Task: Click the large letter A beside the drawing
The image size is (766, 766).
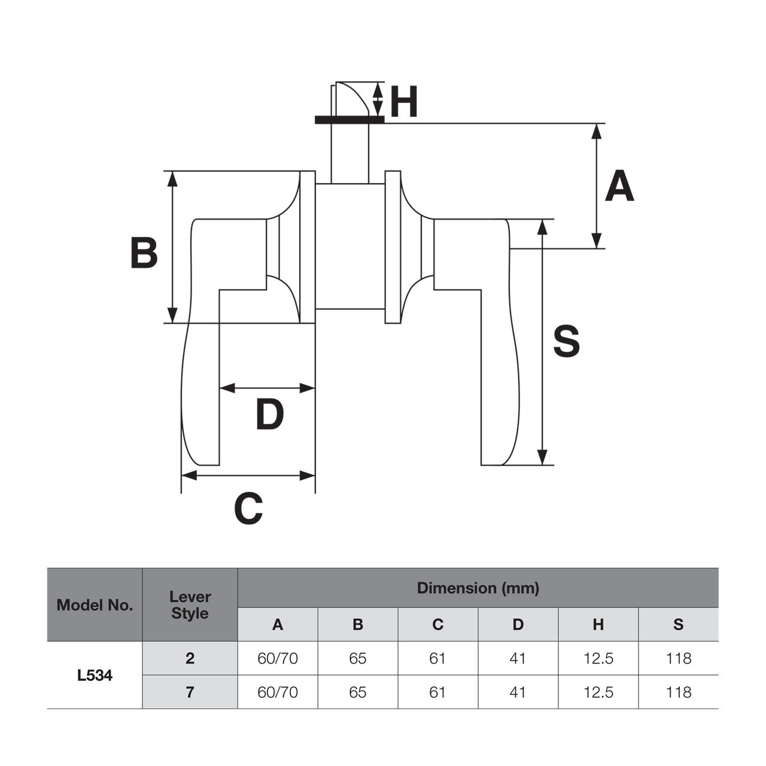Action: (x=619, y=186)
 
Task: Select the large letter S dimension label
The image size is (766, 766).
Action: (x=566, y=342)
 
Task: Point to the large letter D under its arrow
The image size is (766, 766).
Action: (x=269, y=415)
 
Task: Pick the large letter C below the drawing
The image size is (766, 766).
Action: (x=248, y=509)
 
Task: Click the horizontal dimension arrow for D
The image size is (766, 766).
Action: (x=267, y=388)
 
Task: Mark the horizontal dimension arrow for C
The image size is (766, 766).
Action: (x=248, y=476)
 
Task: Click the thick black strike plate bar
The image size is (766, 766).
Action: (x=349, y=120)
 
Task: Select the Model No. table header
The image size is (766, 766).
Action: (x=95, y=605)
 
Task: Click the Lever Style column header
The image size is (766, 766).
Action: (x=190, y=605)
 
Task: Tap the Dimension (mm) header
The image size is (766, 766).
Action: (x=478, y=588)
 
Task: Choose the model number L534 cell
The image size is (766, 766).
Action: (x=95, y=676)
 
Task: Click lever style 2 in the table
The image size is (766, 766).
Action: (x=190, y=658)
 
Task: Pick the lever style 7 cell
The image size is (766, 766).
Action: (x=190, y=692)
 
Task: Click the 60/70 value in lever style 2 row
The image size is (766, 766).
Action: (x=278, y=658)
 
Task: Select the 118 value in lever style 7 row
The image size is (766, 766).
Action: (x=678, y=692)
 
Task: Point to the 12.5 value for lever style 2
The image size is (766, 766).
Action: (x=598, y=658)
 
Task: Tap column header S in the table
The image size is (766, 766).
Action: (x=678, y=624)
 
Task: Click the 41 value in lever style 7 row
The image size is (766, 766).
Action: (x=518, y=692)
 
